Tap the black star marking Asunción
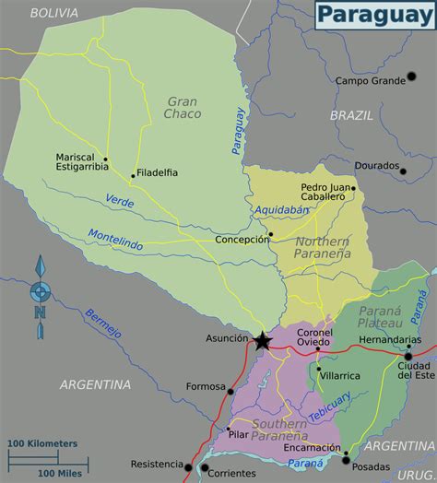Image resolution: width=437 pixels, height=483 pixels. (x=262, y=342)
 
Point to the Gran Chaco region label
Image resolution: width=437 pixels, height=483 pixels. (x=183, y=108)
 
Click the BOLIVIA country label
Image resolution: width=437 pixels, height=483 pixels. (x=54, y=13)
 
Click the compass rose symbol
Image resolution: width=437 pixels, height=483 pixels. (x=40, y=290)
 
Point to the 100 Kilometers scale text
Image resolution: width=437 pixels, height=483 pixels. (x=43, y=443)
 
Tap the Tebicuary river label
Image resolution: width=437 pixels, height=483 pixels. (x=329, y=408)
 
